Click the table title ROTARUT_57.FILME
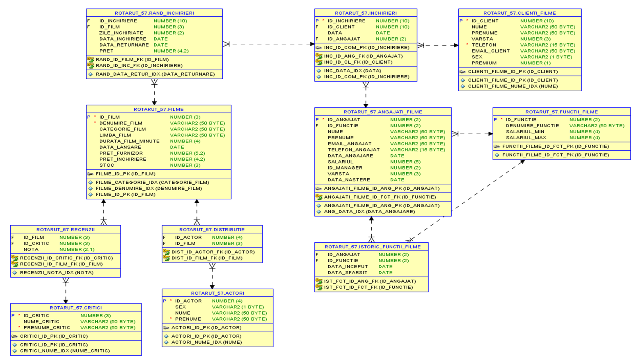pos(158,109)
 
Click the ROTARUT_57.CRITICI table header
pos(76,307)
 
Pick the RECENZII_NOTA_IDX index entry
pos(56,272)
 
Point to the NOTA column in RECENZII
pos(31,249)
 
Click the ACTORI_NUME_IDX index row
pos(206,342)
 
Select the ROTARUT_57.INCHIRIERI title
pos(365,13)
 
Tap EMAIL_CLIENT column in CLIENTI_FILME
pos(490,51)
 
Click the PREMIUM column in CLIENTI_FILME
pos(484,63)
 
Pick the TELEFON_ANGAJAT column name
pos(353,150)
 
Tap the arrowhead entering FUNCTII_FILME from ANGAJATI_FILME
pos(490,134)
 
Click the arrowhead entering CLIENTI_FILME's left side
pos(456,45)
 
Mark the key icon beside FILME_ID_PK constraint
pos(90,174)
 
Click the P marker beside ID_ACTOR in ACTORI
pos(165,301)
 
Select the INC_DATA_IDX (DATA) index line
pos(352,71)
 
